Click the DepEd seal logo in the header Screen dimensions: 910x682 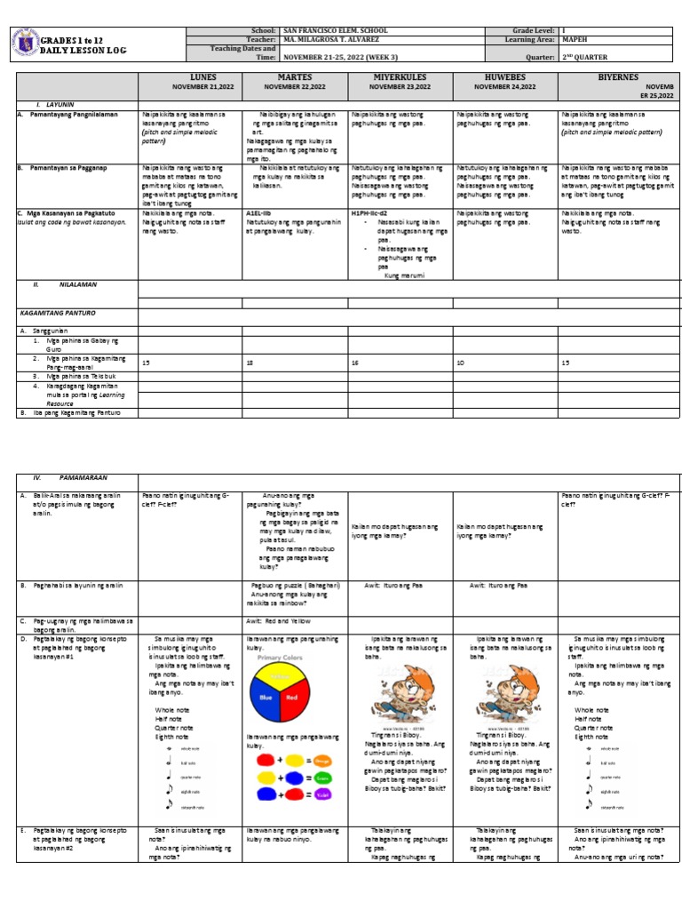pos(26,45)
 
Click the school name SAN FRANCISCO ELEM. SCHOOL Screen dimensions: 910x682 pos(334,31)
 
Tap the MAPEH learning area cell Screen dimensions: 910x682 pos(575,40)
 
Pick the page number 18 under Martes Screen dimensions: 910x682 pos(250,363)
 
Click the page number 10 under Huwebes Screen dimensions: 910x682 pos(459,363)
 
